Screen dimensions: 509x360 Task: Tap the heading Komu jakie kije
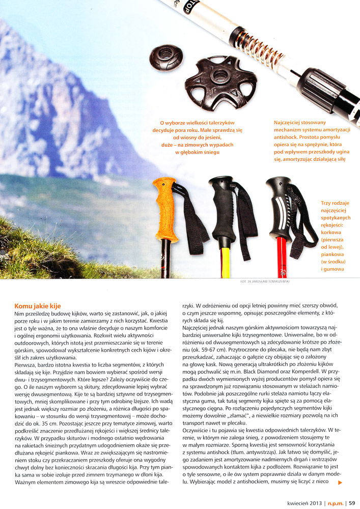38,306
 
